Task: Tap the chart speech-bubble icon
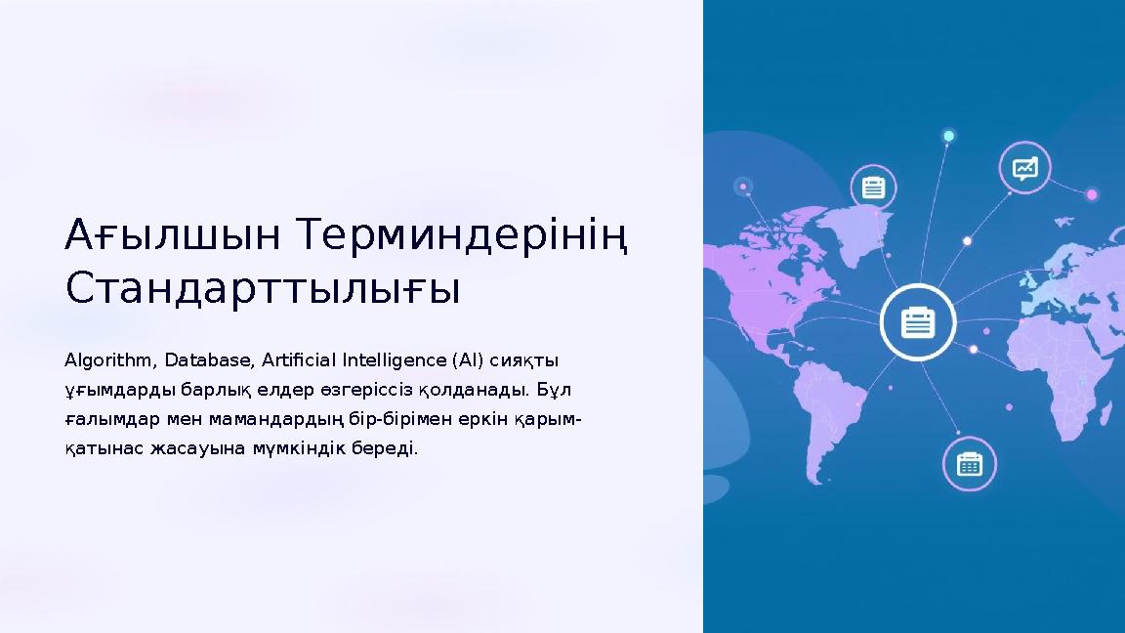[1024, 169]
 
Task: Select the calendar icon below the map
[969, 463]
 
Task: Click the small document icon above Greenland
[873, 186]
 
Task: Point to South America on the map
[831, 410]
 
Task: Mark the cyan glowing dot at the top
[947, 135]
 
